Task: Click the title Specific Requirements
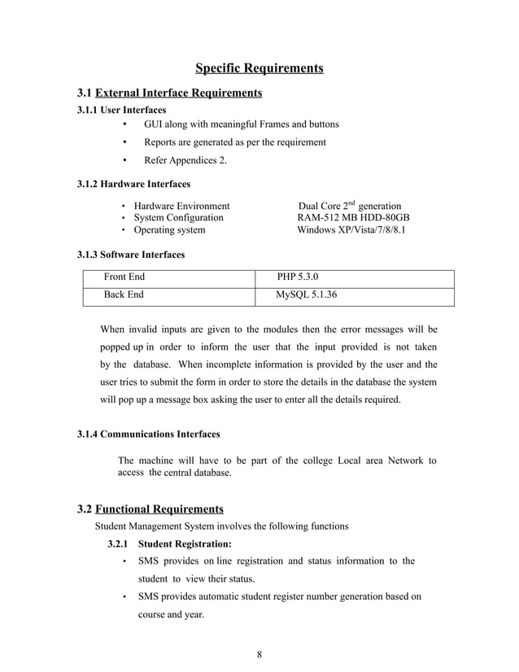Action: (x=259, y=67)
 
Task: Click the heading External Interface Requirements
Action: (x=178, y=93)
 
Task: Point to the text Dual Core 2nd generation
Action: (x=350, y=207)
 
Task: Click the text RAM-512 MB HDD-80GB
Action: (x=353, y=218)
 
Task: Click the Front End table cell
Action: (x=124, y=277)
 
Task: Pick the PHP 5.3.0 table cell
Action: (x=298, y=277)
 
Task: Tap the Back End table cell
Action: (x=123, y=295)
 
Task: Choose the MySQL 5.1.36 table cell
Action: (x=307, y=295)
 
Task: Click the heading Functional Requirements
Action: (x=159, y=509)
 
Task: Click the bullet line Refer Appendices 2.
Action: (x=185, y=160)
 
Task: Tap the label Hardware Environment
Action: (x=181, y=207)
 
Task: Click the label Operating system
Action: (x=169, y=230)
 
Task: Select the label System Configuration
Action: (x=178, y=218)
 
